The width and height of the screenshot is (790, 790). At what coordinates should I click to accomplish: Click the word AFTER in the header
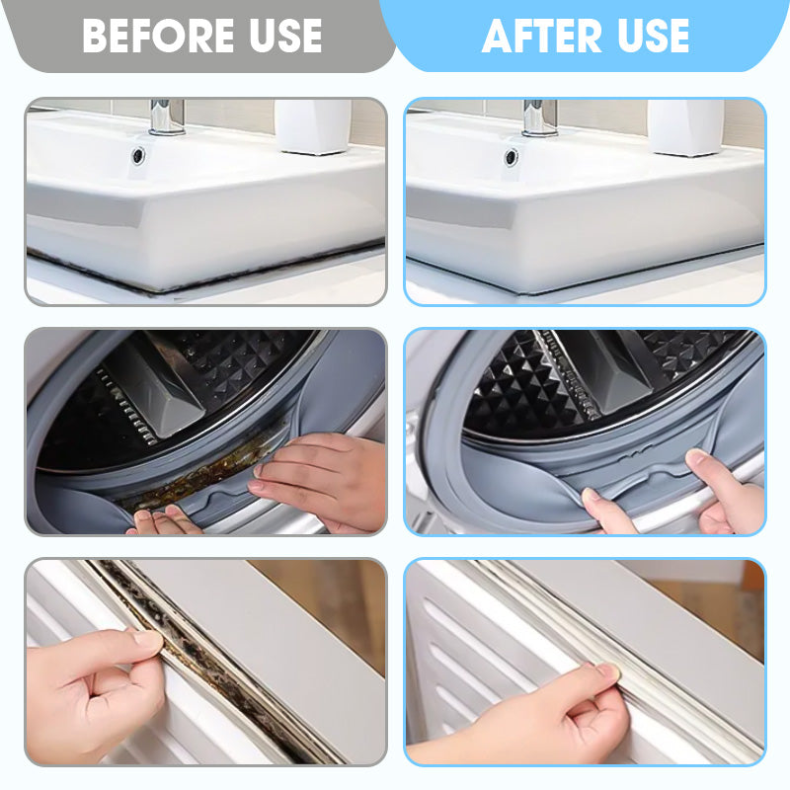point(540,38)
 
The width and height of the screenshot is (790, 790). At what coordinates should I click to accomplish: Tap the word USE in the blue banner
point(649,38)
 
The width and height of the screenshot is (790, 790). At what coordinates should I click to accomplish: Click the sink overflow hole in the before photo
point(136,155)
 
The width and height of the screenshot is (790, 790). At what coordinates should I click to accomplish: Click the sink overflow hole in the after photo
point(511,155)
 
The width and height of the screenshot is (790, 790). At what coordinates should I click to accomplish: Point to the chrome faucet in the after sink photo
point(539,117)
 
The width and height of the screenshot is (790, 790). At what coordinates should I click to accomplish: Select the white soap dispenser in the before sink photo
point(314,125)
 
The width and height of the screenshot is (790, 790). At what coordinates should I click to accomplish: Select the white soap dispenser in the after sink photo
point(685,125)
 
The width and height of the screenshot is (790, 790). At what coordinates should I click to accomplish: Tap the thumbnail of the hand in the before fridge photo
point(148,640)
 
